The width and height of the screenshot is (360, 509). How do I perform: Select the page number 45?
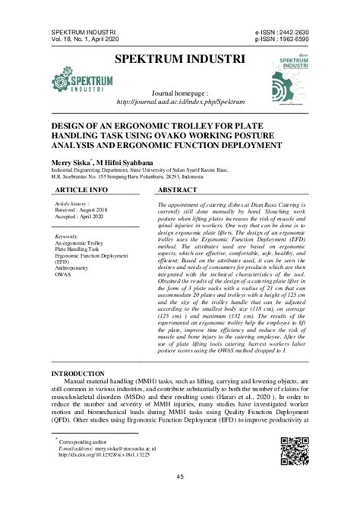click(x=180, y=477)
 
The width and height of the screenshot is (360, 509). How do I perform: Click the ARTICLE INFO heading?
click(x=81, y=188)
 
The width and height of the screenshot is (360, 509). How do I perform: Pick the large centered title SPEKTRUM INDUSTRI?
click(x=179, y=58)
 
